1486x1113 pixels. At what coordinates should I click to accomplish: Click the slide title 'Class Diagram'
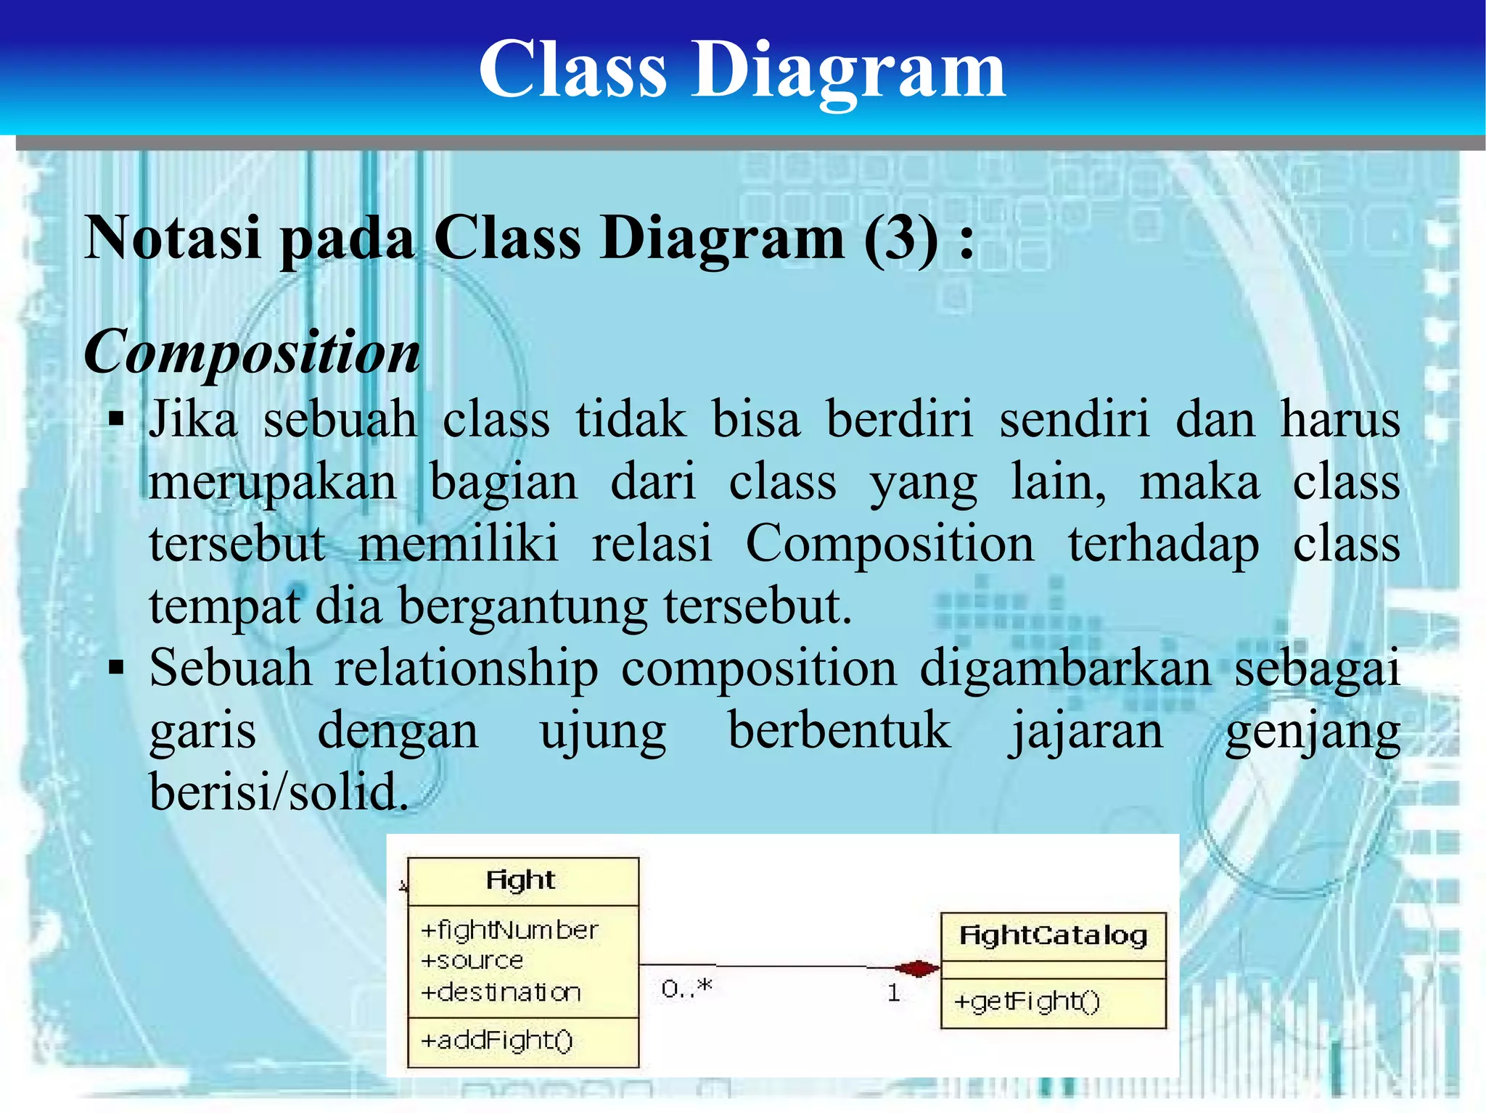[742, 69]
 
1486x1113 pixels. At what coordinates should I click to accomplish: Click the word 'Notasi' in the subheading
[173, 239]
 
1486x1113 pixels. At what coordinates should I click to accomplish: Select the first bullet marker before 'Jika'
[116, 419]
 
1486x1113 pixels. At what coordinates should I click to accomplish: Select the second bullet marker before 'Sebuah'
[116, 667]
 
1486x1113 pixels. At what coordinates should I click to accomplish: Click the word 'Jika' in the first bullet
[193, 419]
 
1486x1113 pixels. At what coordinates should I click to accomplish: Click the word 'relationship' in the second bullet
[466, 668]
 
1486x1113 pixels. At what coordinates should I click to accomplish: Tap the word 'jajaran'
[1086, 730]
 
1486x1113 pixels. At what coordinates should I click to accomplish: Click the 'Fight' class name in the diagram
[520, 880]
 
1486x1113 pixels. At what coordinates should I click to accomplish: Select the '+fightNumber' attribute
[509, 930]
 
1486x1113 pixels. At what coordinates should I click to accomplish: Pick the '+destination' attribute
[501, 992]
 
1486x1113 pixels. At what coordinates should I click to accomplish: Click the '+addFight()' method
[497, 1040]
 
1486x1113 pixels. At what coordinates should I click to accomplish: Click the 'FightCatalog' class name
[1052, 935]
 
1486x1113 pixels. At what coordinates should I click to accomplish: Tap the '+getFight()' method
[1027, 1002]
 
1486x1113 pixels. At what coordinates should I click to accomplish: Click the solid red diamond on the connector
[917, 968]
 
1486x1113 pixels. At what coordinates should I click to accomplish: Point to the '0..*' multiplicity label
[686, 988]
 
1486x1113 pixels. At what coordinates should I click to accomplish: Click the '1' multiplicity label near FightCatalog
[893, 993]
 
